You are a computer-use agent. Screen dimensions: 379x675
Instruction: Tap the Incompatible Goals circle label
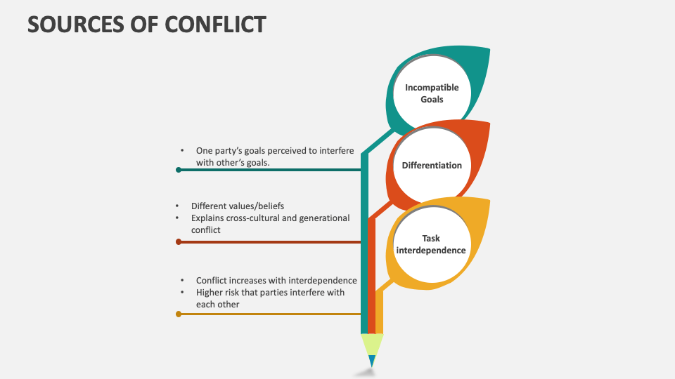(x=432, y=93)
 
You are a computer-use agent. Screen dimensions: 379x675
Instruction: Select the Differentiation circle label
(x=432, y=166)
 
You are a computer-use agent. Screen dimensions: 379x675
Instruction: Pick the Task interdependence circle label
(x=431, y=244)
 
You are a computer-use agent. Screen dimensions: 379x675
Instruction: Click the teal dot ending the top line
(x=179, y=170)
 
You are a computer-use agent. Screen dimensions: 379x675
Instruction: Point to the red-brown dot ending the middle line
(x=179, y=242)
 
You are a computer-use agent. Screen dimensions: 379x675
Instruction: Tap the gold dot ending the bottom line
(x=179, y=314)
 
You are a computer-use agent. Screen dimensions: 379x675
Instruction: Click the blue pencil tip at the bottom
(x=372, y=361)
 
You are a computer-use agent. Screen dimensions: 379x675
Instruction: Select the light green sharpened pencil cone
(x=372, y=345)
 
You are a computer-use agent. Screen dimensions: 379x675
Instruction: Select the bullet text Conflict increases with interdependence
(x=276, y=281)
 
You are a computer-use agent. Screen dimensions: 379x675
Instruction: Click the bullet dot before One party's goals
(x=182, y=151)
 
